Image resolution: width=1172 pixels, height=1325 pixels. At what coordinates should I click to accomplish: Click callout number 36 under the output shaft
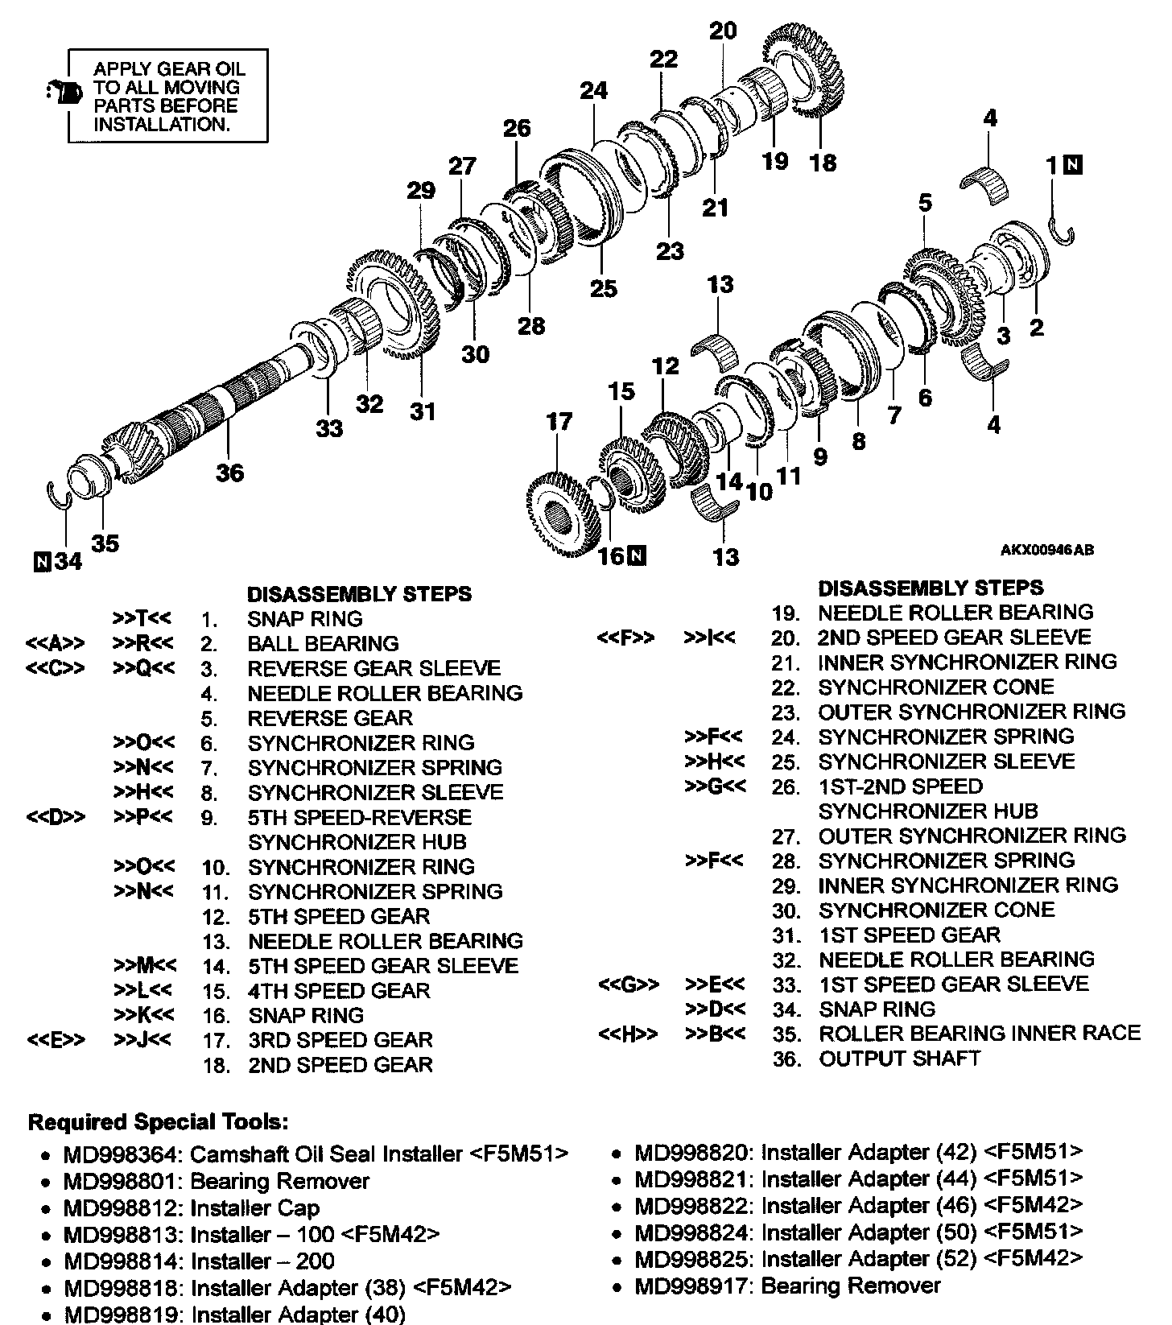(x=229, y=473)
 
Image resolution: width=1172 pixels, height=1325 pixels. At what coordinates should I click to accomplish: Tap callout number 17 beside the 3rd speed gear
(x=559, y=421)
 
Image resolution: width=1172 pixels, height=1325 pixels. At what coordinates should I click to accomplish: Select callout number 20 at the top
(x=723, y=31)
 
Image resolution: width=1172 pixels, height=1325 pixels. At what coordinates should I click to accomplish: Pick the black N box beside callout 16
(x=637, y=555)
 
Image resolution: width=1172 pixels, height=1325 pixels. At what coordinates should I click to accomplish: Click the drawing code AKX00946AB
(x=1046, y=551)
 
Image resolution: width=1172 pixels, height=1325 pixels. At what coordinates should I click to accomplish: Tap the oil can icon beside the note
(x=64, y=93)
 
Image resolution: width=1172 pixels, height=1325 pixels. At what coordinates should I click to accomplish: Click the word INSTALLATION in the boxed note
(x=162, y=124)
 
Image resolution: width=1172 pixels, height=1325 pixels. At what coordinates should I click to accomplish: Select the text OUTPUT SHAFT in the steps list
(x=899, y=1058)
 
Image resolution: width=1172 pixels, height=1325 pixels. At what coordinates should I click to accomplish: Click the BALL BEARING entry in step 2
(x=323, y=643)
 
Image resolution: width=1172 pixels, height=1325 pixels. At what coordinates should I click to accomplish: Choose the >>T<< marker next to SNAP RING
(x=142, y=618)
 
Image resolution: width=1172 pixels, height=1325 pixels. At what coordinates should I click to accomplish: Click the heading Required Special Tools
(x=158, y=1121)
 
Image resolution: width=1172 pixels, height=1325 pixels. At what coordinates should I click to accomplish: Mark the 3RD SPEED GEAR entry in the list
(x=340, y=1039)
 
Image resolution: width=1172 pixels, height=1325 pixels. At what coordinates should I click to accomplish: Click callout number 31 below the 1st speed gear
(x=423, y=411)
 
